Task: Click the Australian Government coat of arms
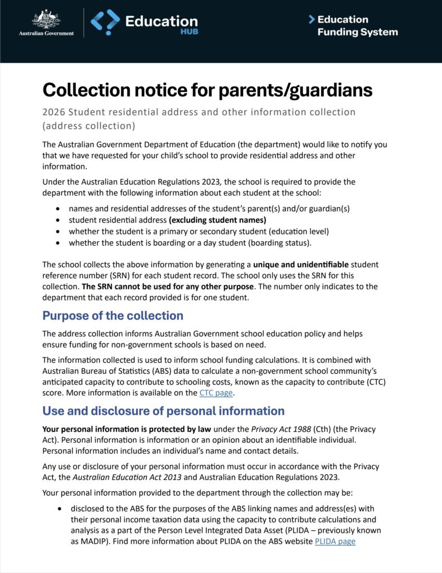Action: [46, 19]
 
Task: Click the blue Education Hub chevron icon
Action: [105, 22]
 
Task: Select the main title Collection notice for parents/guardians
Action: [207, 90]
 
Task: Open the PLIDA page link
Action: [335, 541]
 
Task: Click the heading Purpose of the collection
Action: [113, 316]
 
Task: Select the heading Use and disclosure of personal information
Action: [163, 411]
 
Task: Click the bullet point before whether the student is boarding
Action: [59, 243]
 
